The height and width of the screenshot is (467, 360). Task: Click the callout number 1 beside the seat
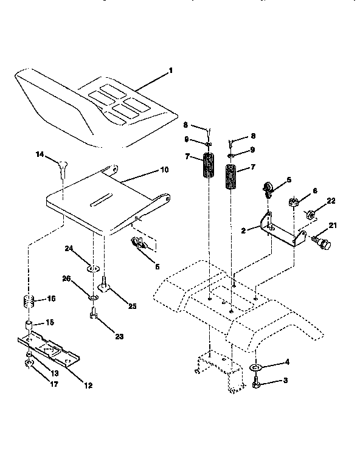pos(171,71)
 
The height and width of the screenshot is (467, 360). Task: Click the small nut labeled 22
pos(310,215)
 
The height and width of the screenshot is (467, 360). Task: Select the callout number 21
pos(332,226)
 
